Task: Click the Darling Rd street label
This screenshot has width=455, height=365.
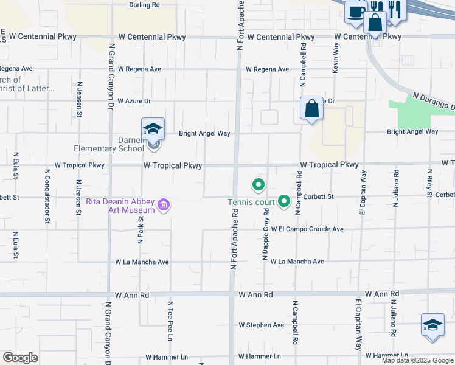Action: [x=144, y=4]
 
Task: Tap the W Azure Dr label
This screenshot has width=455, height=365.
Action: [x=134, y=101]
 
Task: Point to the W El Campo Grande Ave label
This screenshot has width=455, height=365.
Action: [x=307, y=229]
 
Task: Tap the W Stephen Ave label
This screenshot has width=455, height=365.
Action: [x=262, y=325]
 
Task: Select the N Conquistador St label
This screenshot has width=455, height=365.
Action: [x=47, y=196]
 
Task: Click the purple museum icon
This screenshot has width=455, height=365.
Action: [x=164, y=206]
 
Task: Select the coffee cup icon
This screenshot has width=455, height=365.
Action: [x=355, y=10]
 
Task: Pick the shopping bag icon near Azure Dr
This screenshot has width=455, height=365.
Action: [x=311, y=109]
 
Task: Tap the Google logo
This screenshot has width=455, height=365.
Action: [x=20, y=358]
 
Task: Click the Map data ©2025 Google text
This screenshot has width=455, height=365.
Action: [x=417, y=360]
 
